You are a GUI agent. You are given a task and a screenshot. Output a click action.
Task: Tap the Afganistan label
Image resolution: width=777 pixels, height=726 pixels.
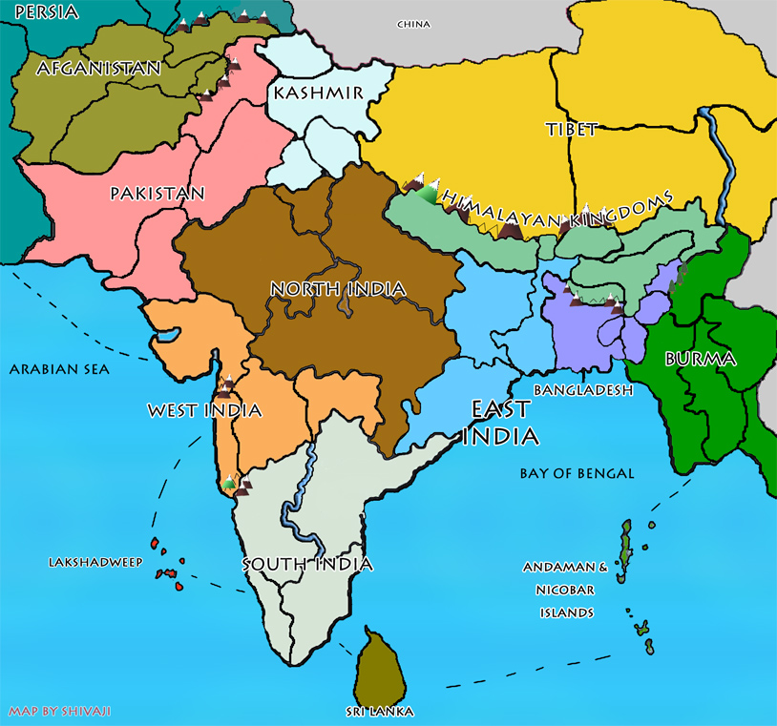[98, 69]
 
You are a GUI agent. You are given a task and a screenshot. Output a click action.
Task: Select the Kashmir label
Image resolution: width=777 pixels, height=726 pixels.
[319, 93]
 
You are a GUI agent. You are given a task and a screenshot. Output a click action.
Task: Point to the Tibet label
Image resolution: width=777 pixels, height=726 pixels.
[572, 129]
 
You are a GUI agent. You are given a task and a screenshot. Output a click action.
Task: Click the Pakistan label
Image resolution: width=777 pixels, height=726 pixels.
[157, 194]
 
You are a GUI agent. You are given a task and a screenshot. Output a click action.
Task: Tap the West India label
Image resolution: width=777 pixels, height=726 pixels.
[204, 411]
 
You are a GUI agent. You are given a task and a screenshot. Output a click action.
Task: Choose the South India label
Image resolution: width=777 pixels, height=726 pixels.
[306, 564]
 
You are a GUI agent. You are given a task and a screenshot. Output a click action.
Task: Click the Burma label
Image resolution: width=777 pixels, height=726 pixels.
[700, 360]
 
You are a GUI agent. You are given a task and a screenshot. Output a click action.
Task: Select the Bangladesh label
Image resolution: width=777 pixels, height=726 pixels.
[584, 391]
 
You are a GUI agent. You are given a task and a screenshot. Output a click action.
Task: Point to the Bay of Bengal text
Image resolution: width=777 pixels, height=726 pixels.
[577, 473]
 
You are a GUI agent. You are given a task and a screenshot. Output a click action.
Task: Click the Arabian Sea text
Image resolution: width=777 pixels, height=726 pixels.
[59, 369]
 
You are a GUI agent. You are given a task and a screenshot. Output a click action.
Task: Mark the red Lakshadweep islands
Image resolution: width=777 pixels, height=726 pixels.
[169, 571]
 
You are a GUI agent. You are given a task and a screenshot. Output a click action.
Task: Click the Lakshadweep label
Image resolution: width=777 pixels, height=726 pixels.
[94, 563]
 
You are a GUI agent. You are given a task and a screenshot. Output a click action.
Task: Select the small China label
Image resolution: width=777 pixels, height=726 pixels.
[413, 24]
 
